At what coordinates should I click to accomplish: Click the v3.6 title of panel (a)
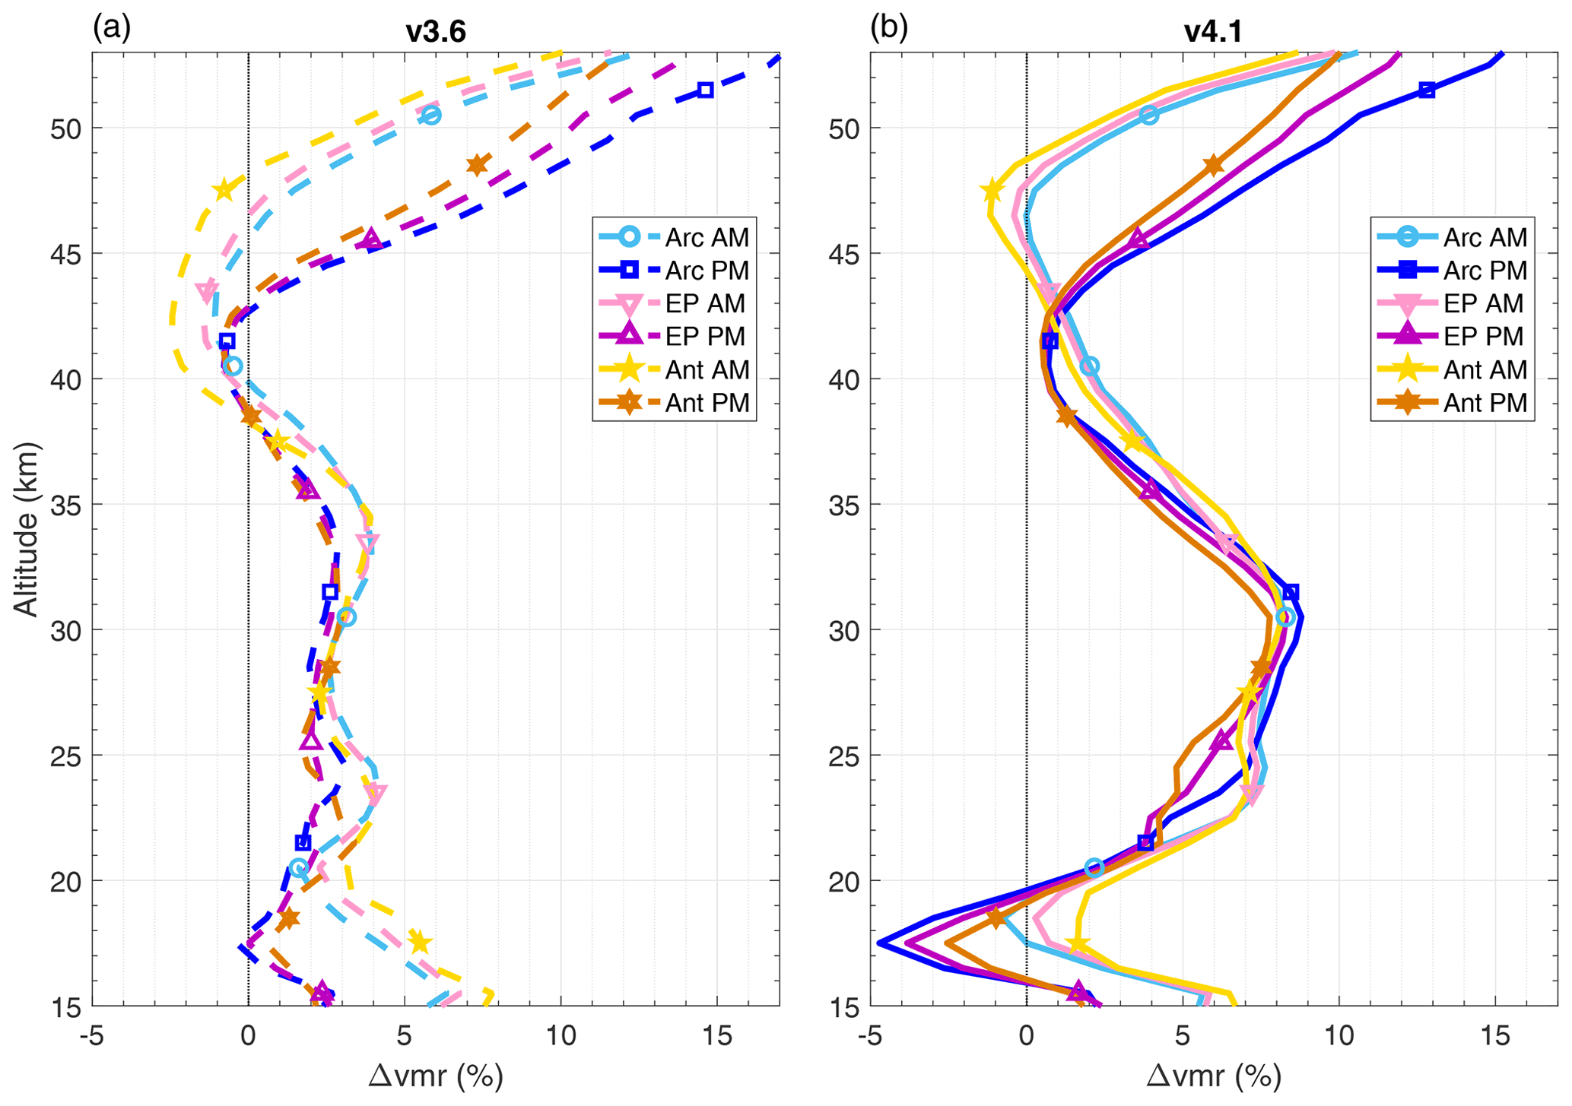pos(435,32)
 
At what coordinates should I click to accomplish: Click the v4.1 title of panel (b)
pos(1213,32)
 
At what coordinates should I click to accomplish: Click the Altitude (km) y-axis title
pos(27,529)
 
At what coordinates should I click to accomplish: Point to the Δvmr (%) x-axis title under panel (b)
pos(1213,1076)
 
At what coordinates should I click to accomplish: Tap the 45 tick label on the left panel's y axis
pos(66,254)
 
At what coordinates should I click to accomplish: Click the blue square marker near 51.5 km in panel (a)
pos(705,90)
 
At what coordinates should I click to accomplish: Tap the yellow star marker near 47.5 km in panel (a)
pos(224,190)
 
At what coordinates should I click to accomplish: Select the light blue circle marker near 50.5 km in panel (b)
pos(1149,115)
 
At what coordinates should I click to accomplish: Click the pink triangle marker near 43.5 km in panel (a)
pos(206,292)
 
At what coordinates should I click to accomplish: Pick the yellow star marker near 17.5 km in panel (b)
pos(1078,944)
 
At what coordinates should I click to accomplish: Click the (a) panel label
pos(112,28)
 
